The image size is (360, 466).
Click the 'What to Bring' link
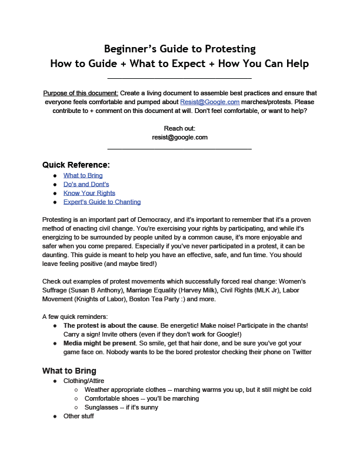point(83,175)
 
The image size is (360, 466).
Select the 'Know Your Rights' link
point(89,193)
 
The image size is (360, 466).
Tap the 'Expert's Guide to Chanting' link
point(102,202)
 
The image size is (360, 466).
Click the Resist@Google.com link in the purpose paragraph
point(209,102)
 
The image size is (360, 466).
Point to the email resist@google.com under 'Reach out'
point(179,137)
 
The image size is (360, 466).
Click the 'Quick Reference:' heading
point(76,165)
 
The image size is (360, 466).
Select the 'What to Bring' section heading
point(69,371)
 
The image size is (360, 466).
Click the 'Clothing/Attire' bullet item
point(85,381)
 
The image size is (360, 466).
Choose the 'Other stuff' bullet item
point(79,416)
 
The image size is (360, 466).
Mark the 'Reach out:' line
point(179,128)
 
